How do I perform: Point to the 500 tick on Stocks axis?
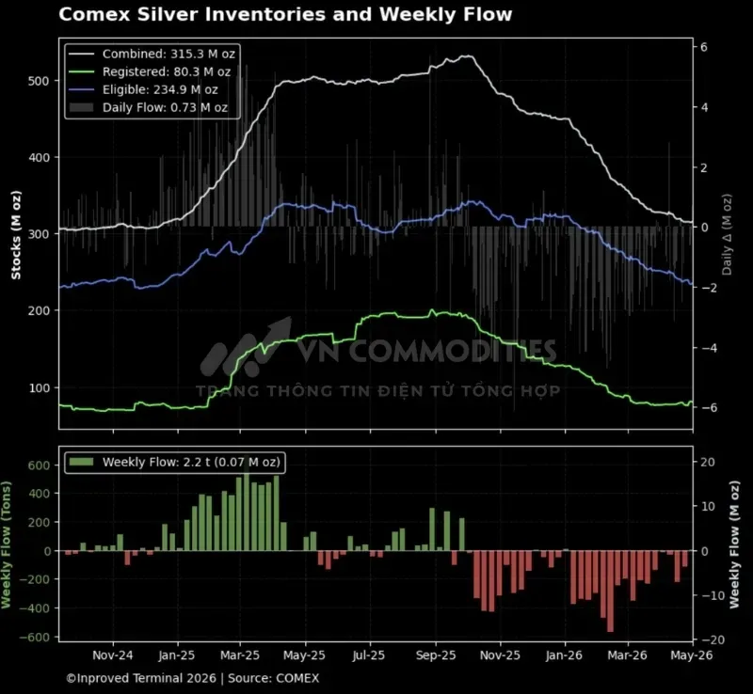pos(39,81)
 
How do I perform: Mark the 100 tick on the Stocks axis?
pos(39,387)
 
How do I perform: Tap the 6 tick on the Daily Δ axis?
pos(704,47)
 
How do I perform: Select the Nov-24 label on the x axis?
pos(113,655)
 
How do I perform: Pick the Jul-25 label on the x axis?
pos(369,655)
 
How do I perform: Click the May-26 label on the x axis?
pos(692,655)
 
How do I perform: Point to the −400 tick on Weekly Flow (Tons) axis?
pos(35,608)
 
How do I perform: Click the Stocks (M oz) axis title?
pos(16,235)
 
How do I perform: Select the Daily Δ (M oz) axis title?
pos(727,235)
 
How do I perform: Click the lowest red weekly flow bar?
pos(610,591)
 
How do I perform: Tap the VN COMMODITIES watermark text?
pos(427,351)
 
